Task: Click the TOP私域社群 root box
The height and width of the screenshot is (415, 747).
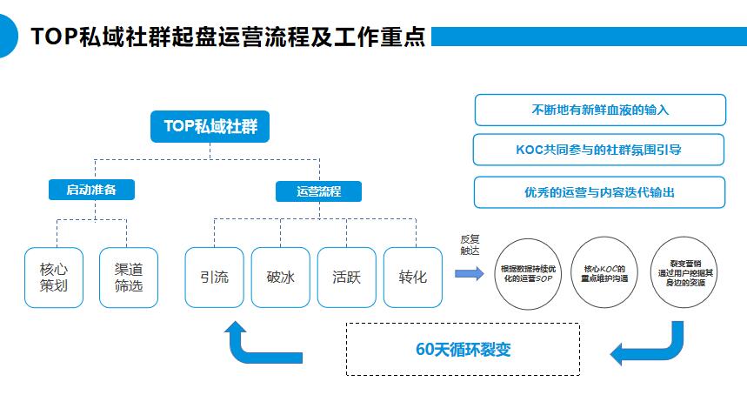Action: (210, 127)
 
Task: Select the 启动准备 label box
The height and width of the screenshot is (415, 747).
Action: (91, 190)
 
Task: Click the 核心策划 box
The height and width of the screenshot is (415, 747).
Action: (54, 278)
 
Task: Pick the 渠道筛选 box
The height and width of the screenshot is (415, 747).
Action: (129, 278)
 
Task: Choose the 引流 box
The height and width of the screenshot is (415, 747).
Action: (214, 278)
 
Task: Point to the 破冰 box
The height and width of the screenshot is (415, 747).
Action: (281, 278)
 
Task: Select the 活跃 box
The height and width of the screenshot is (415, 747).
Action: (347, 278)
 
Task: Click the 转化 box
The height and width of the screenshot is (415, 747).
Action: (413, 278)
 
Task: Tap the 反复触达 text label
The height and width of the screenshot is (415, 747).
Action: (470, 244)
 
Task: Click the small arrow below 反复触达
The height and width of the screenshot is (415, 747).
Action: (470, 273)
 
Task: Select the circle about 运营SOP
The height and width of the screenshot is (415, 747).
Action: (528, 273)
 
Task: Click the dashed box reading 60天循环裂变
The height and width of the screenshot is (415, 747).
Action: (463, 349)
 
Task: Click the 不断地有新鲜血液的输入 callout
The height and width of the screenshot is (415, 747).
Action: (600, 110)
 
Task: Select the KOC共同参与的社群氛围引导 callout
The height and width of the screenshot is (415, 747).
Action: (598, 150)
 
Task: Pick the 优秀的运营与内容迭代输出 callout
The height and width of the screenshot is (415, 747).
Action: (599, 192)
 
